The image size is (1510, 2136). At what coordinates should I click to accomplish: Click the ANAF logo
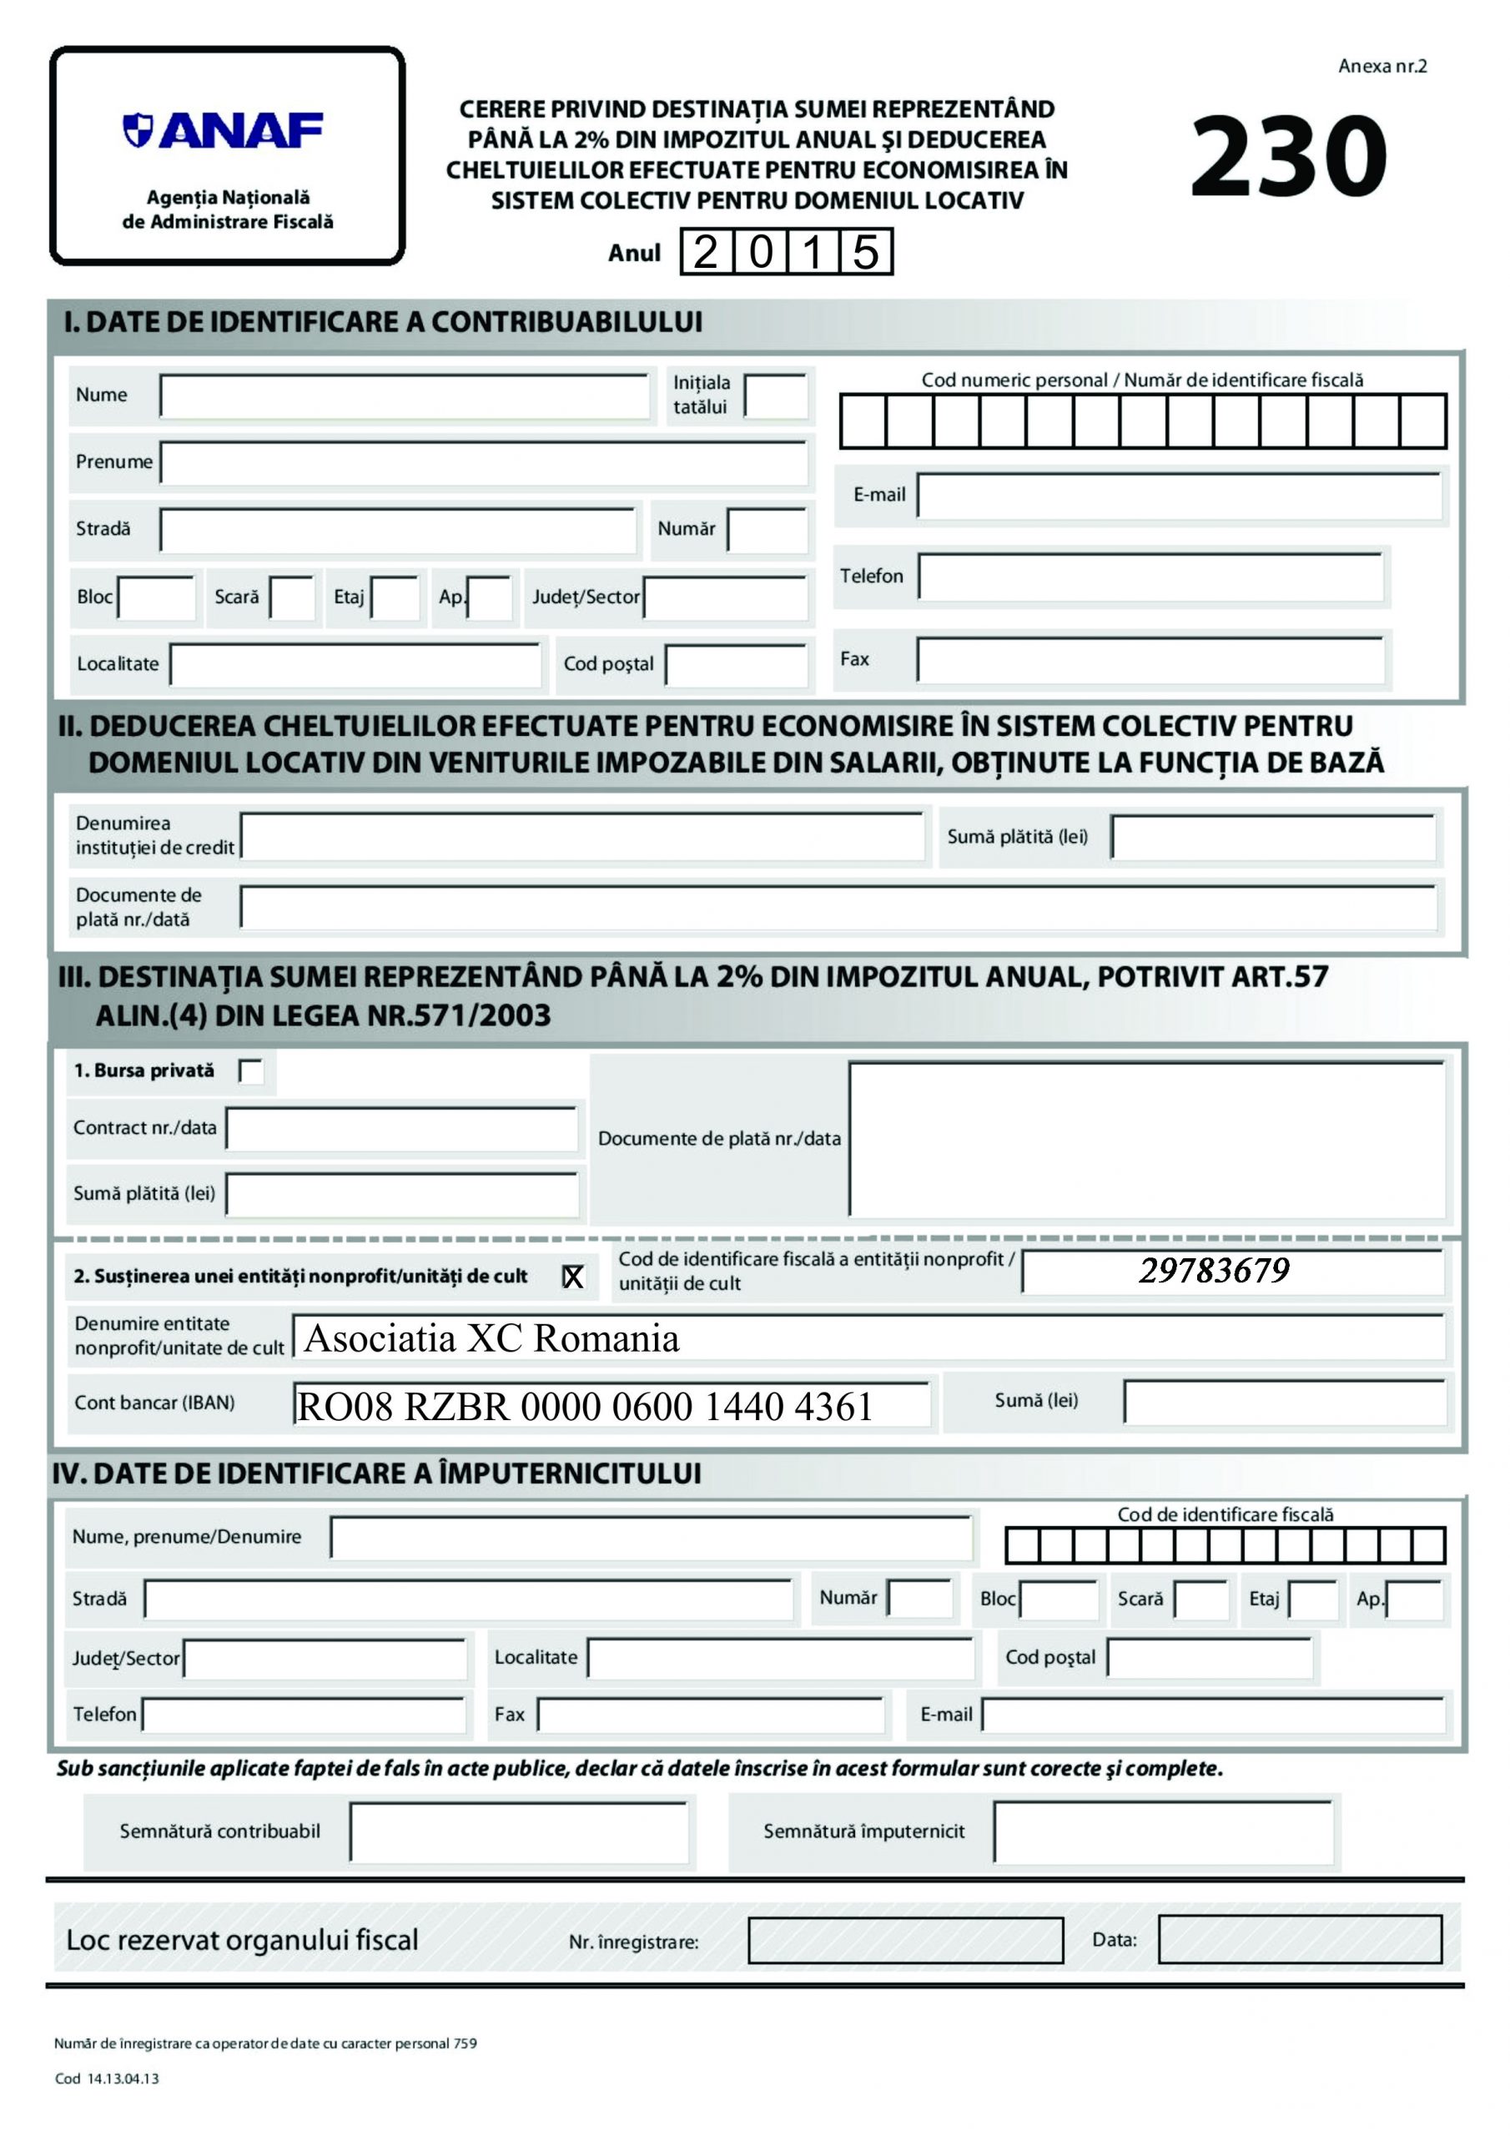click(x=224, y=130)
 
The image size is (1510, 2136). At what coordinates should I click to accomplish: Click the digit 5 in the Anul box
click(x=865, y=252)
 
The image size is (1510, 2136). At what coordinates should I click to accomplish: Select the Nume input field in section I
click(x=404, y=396)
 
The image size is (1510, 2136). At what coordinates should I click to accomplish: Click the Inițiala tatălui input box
click(x=775, y=396)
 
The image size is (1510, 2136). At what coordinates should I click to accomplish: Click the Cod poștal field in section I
click(x=736, y=665)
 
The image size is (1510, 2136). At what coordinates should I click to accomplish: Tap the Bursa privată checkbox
click(x=251, y=1071)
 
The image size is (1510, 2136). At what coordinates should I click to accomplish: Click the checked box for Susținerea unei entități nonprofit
click(x=573, y=1277)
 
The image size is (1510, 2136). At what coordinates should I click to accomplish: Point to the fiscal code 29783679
click(x=1214, y=1271)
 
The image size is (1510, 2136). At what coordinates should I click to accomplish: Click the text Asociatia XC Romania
click(x=491, y=1338)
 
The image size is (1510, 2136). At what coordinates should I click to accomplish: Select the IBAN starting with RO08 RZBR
click(x=584, y=1407)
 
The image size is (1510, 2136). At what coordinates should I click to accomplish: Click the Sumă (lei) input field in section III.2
click(x=1284, y=1402)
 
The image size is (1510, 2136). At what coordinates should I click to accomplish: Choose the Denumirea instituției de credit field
click(x=581, y=836)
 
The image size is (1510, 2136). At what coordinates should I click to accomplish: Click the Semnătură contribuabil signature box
click(x=518, y=1831)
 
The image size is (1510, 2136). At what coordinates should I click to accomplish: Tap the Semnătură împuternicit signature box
click(x=1162, y=1831)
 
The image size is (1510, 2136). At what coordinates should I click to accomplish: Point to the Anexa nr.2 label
click(x=1382, y=66)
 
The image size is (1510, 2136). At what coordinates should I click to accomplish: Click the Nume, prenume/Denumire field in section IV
click(x=652, y=1537)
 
